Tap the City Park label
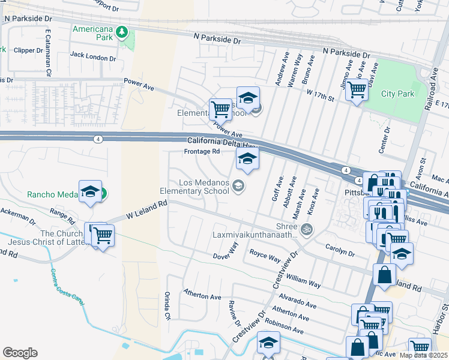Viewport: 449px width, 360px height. [x=397, y=94]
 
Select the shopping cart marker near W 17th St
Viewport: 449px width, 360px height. [x=357, y=90]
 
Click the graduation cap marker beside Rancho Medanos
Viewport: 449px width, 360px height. [x=90, y=191]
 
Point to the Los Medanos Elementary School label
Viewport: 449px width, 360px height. [x=195, y=187]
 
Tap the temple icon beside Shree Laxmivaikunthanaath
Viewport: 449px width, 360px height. [x=307, y=229]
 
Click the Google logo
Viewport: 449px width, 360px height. [x=20, y=353]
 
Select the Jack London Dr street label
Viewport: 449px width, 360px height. [x=93, y=56]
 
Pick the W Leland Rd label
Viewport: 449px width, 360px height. [x=146, y=210]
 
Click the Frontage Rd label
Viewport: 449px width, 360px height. [x=202, y=152]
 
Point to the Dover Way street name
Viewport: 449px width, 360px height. [x=226, y=251]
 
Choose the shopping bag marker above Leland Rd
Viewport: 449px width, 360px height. [x=384, y=274]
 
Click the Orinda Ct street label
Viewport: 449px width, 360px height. [x=167, y=306]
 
